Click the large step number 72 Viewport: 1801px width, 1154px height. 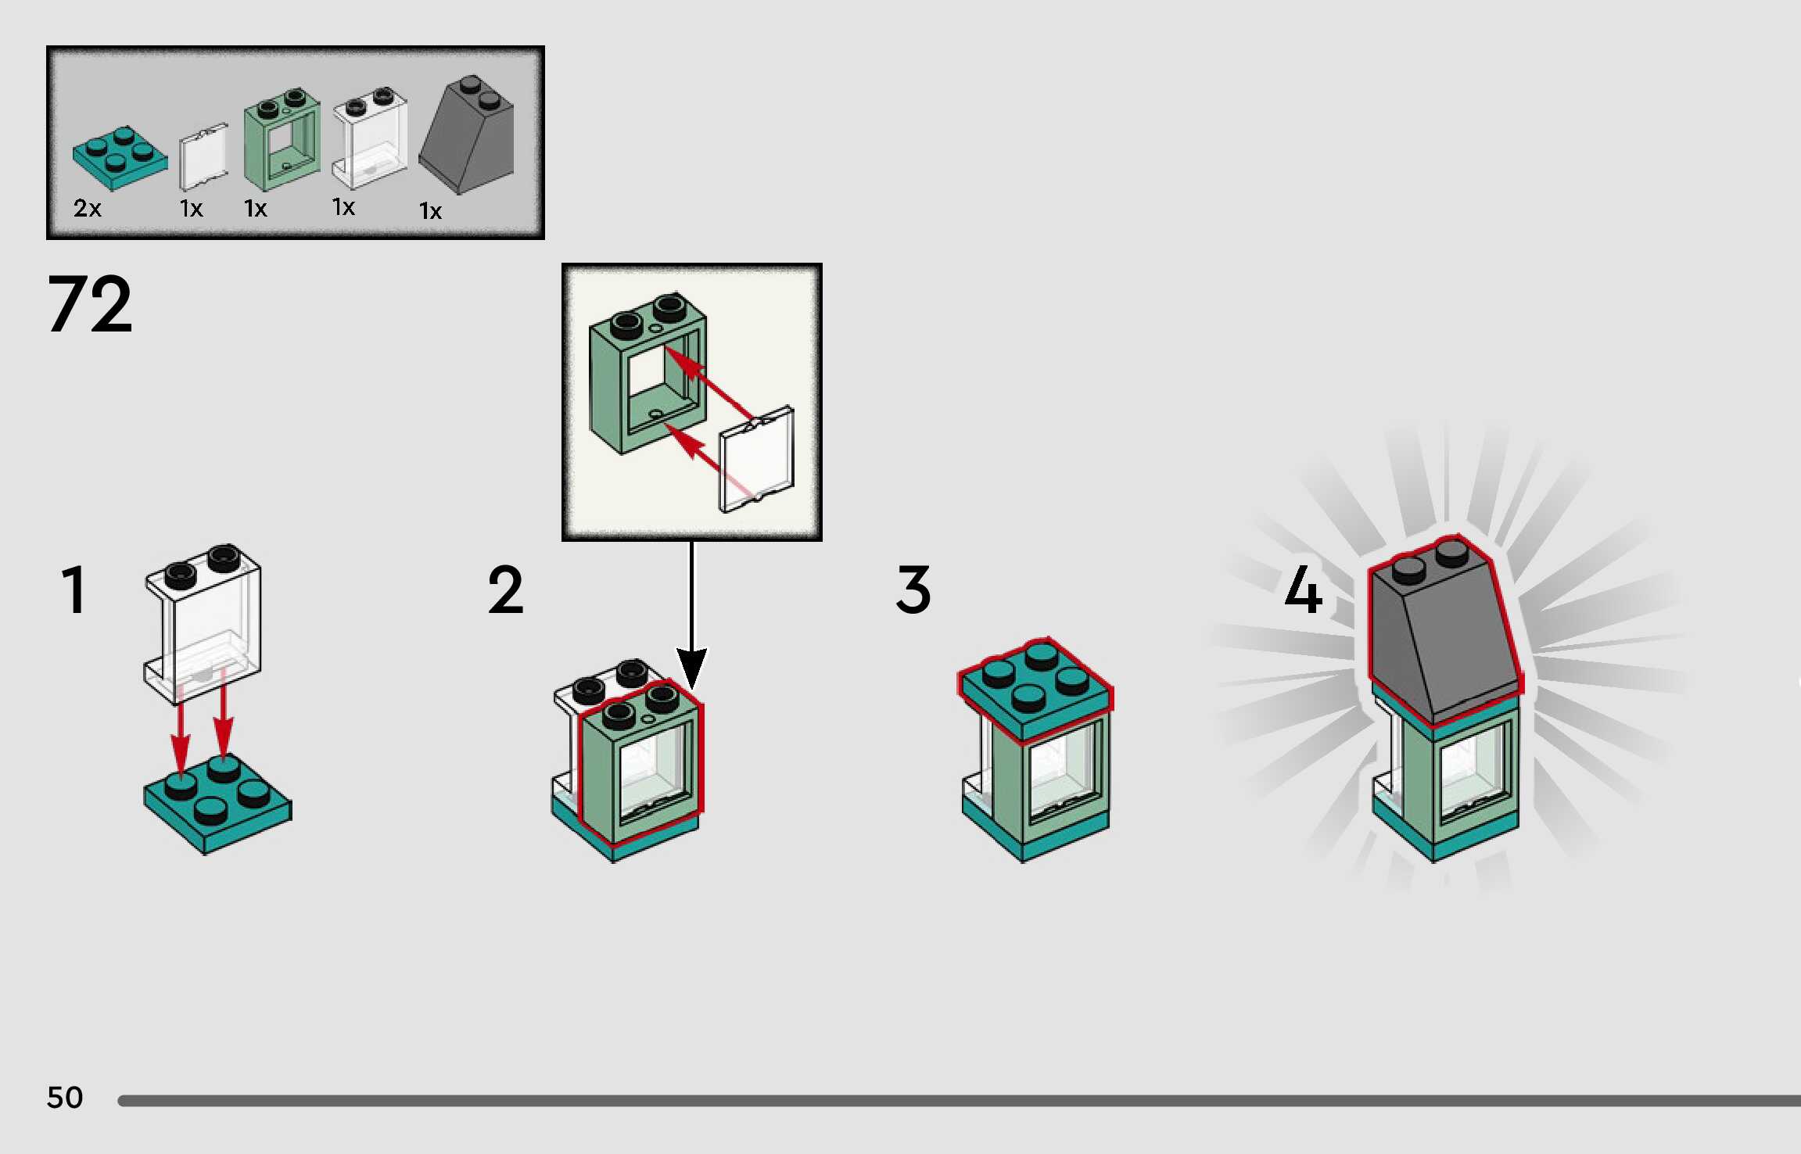[x=90, y=304]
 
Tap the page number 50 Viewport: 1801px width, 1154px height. [x=65, y=1097]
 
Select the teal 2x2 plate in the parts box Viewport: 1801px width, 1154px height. [x=120, y=158]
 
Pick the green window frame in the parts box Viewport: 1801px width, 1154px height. [x=282, y=141]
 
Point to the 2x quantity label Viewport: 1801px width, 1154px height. [x=88, y=209]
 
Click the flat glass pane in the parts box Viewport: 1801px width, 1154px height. [x=203, y=158]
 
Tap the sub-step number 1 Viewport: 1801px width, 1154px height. [x=74, y=590]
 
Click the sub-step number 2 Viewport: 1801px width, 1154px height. [x=506, y=590]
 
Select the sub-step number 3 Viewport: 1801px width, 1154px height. [x=913, y=590]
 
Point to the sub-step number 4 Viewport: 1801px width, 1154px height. [x=1304, y=590]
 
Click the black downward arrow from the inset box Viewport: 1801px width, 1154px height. [x=691, y=618]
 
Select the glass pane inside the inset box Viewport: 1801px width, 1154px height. [x=756, y=461]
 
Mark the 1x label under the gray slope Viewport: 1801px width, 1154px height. [x=430, y=211]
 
